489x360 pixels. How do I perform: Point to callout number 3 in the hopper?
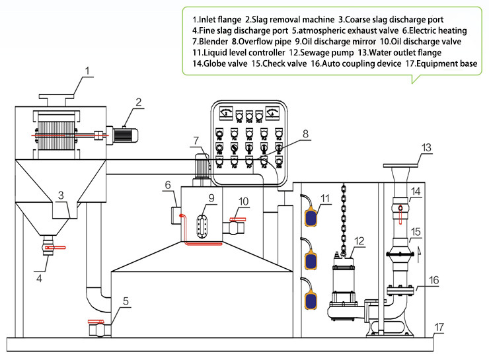(x=60, y=196)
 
